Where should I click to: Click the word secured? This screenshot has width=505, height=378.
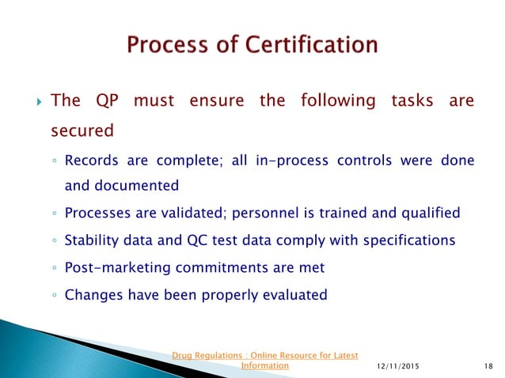[82, 130]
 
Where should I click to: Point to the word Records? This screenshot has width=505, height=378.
[90, 161]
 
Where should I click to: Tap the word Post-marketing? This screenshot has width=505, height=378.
[113, 267]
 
